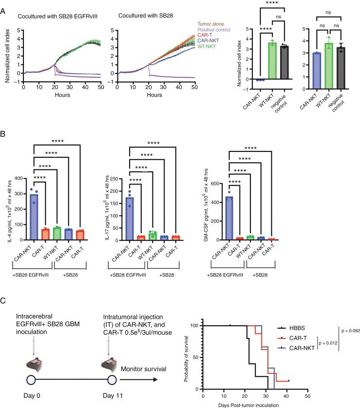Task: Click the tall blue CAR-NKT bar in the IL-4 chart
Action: point(34,214)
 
